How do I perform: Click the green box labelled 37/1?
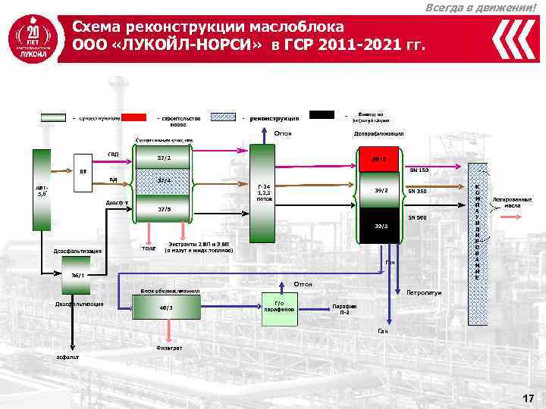click(163, 158)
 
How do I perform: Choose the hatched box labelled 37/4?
click(163, 181)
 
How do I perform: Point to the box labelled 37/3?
click(163, 208)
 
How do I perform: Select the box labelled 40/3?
click(166, 308)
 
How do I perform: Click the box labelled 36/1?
click(77, 276)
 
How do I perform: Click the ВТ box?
click(84, 171)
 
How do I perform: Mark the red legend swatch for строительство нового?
click(134, 117)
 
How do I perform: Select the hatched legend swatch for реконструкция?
click(224, 117)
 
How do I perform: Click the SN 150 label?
click(419, 170)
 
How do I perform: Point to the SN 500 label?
click(417, 217)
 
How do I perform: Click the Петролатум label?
click(424, 292)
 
